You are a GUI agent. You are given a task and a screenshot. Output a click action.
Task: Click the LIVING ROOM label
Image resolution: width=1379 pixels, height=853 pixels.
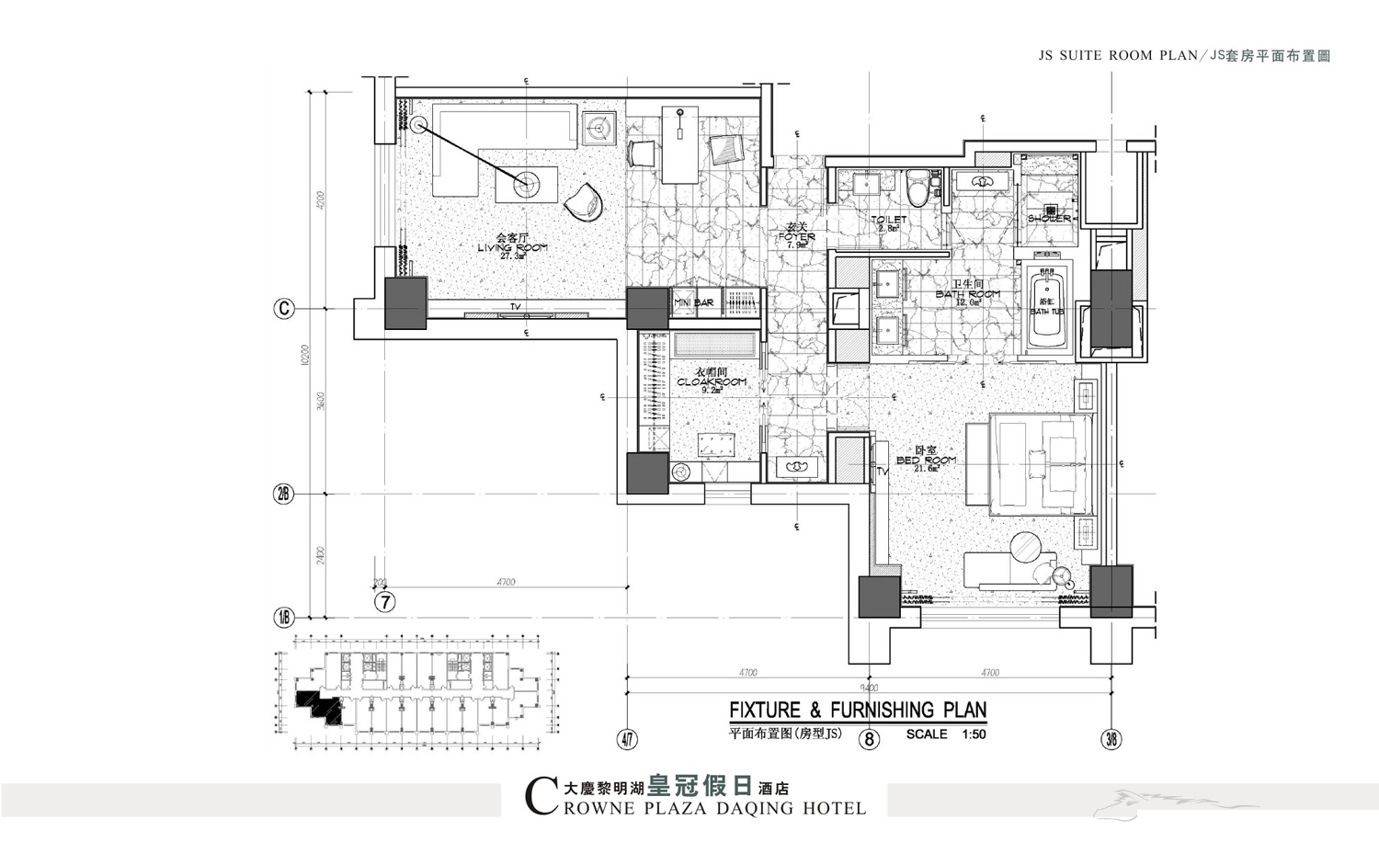512,247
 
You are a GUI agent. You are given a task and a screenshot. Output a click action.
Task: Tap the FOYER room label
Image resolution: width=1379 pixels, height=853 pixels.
796,236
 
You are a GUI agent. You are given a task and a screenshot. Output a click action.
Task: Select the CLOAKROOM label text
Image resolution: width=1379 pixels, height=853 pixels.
711,381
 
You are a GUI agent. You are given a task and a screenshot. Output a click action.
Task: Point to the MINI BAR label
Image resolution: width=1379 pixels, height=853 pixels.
694,302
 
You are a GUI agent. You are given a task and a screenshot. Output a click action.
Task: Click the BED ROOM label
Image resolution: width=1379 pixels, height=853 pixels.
926,460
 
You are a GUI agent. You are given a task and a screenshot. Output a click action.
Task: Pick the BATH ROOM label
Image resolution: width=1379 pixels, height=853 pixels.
967,294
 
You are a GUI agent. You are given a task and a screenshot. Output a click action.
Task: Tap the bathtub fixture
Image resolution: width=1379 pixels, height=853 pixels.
1046,309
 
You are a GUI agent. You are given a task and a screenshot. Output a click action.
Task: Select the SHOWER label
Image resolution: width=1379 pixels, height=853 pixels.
1049,219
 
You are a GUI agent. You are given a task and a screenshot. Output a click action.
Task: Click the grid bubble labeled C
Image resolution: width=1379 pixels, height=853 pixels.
284,309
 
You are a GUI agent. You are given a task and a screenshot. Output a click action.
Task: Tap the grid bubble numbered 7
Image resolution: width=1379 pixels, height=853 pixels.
385,602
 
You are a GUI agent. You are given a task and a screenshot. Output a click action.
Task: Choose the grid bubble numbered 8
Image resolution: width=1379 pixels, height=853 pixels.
869,738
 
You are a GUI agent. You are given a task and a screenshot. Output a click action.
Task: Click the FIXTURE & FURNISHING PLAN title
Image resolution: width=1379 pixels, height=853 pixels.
857,711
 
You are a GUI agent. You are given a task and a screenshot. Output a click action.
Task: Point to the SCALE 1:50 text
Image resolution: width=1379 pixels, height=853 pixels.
945,734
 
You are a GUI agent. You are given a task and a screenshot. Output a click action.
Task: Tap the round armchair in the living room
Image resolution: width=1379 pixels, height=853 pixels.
583,201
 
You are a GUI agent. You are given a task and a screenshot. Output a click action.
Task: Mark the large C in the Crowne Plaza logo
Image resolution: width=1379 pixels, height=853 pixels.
540,796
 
